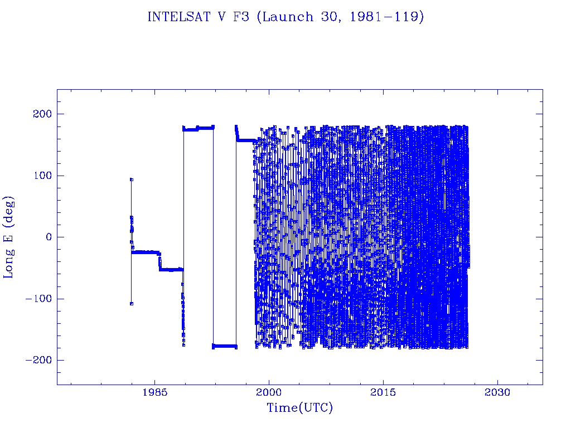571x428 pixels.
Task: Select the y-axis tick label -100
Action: point(37,299)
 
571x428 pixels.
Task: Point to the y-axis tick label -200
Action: point(37,360)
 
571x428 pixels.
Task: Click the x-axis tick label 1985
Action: point(155,392)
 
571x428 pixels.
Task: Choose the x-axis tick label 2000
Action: point(269,392)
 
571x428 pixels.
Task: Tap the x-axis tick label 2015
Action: point(384,392)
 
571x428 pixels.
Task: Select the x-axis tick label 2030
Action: point(497,392)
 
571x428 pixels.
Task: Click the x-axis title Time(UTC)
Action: point(300,408)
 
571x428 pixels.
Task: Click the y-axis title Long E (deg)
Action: point(9,237)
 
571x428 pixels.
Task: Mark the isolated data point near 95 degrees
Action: point(131,179)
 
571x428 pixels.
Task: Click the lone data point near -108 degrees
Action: point(131,304)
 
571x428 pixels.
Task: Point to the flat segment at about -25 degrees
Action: point(145,252)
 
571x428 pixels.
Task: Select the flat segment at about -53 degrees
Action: point(171,269)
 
